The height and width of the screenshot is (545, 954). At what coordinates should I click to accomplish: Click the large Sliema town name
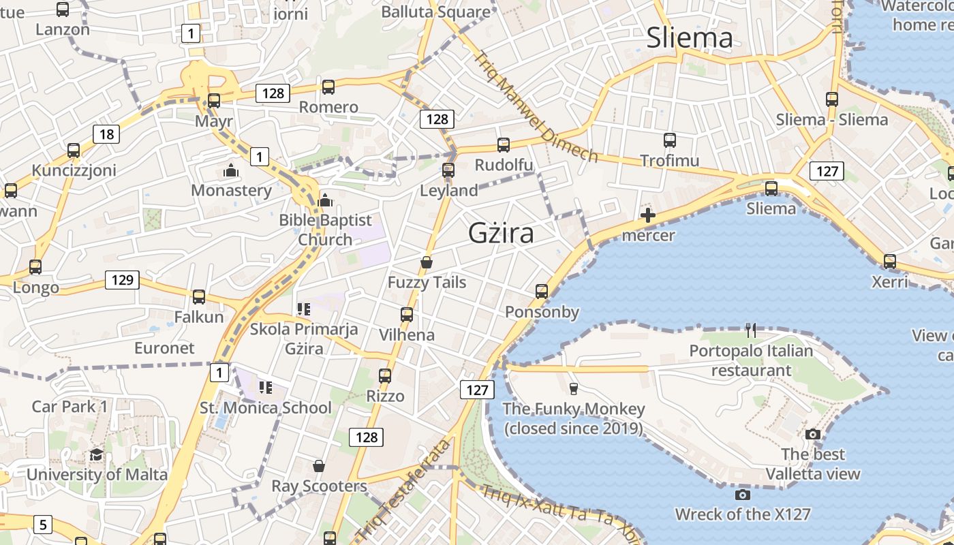click(x=690, y=37)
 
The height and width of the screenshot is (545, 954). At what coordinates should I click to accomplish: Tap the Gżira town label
click(x=501, y=234)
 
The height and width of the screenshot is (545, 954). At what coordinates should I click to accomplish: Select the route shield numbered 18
click(x=106, y=134)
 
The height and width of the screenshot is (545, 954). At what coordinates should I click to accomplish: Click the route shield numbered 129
click(x=122, y=279)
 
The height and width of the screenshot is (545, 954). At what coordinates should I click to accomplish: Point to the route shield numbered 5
click(x=42, y=525)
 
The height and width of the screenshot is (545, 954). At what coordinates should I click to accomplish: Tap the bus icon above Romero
click(x=328, y=87)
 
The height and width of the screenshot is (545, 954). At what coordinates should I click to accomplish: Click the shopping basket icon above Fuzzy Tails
click(x=427, y=262)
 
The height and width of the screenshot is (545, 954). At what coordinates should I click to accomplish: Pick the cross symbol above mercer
click(x=648, y=216)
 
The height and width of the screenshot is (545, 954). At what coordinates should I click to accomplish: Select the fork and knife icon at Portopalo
click(x=751, y=330)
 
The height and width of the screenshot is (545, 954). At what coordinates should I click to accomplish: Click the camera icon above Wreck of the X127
click(x=743, y=495)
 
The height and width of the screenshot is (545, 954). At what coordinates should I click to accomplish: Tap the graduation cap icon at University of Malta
click(x=96, y=454)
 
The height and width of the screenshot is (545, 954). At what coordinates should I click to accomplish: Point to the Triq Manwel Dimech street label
click(x=535, y=107)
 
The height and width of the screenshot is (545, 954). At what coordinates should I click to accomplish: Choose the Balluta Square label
click(x=435, y=12)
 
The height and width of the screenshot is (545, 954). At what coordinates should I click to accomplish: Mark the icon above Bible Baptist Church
click(x=325, y=200)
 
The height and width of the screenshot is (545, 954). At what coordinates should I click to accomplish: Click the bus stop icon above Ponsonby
click(x=542, y=292)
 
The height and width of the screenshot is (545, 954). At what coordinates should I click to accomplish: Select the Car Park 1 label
click(x=70, y=407)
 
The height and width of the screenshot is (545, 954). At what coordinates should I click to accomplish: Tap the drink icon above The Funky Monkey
click(x=573, y=389)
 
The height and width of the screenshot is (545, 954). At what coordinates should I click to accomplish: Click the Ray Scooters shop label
click(x=319, y=486)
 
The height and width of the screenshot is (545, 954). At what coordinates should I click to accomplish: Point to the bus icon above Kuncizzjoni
click(x=74, y=151)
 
